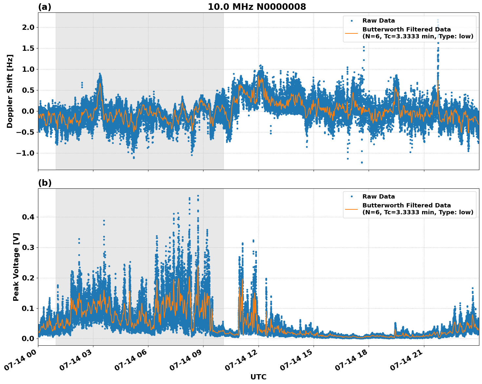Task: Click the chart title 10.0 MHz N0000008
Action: click(x=257, y=7)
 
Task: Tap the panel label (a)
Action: click(x=45, y=7)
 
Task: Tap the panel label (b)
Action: click(x=45, y=183)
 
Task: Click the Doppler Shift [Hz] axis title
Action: click(x=10, y=91)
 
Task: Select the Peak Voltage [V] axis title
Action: click(x=16, y=267)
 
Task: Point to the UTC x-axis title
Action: click(x=258, y=377)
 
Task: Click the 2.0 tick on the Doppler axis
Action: click(x=28, y=27)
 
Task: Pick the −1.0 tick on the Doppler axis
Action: click(x=26, y=153)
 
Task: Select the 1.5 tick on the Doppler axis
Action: click(x=28, y=48)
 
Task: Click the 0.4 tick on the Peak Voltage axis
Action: click(x=28, y=217)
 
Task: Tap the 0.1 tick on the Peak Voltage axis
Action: click(x=28, y=308)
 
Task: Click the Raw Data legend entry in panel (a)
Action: click(x=378, y=21)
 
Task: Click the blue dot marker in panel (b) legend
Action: click(x=352, y=197)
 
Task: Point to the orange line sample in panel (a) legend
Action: click(x=352, y=33)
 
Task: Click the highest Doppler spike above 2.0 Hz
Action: click(x=438, y=20)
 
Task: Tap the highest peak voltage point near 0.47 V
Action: click(x=198, y=196)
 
